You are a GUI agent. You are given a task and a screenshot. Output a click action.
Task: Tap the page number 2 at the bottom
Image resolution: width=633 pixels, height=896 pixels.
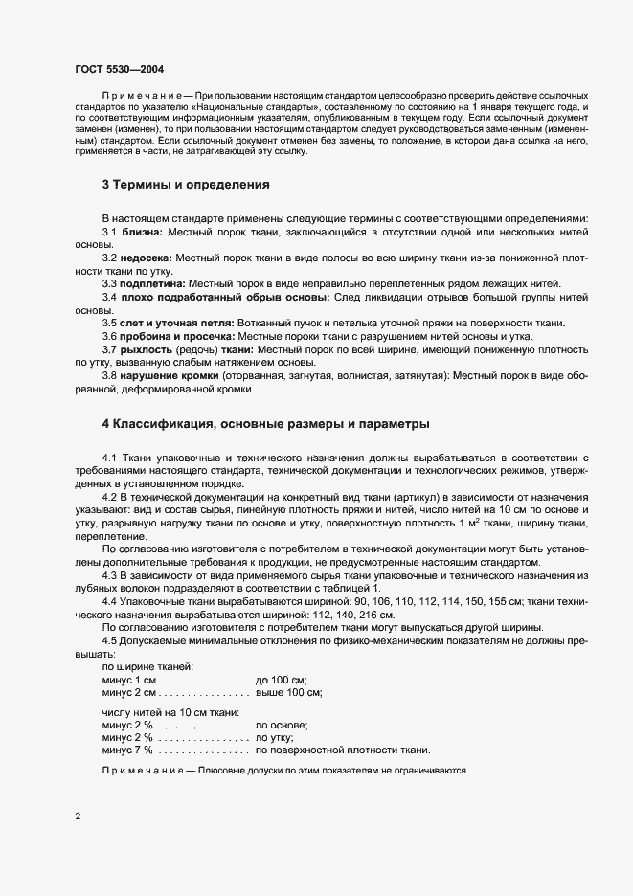(x=78, y=817)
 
